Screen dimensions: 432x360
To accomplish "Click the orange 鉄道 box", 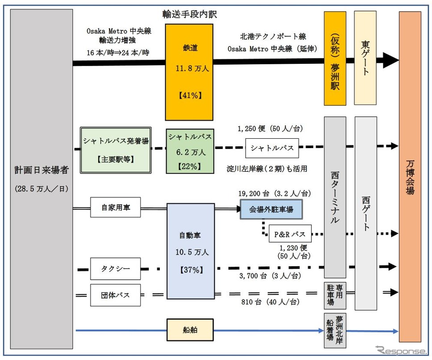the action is click(x=189, y=72).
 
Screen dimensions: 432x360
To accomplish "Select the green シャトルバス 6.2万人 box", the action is click(x=190, y=151).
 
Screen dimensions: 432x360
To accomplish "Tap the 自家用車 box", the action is click(x=116, y=207).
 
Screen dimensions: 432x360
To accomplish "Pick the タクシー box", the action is click(x=116, y=269).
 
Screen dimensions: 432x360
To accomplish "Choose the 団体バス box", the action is click(x=116, y=295).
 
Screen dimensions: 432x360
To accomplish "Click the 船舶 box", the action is click(x=190, y=330).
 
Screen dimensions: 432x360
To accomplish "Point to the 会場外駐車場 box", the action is click(x=271, y=209).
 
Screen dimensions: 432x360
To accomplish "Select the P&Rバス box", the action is click(x=290, y=234).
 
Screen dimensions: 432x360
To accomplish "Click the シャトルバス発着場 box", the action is click(x=116, y=150).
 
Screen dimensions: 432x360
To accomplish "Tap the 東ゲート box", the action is click(x=366, y=58).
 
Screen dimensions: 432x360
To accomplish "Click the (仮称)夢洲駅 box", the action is click(x=335, y=58).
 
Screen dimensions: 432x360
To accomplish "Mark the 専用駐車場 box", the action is click(x=335, y=296).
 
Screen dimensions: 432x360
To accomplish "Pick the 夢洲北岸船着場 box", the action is click(x=335, y=331).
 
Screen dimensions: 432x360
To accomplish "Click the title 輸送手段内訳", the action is click(x=190, y=14).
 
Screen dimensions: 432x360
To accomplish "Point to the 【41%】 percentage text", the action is click(x=190, y=95).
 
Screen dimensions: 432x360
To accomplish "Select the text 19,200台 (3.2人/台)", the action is click(x=274, y=193).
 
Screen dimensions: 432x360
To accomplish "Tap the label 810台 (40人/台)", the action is click(x=270, y=302).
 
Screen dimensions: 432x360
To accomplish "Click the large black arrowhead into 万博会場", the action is click(x=391, y=60).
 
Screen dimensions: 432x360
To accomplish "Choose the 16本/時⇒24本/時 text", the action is click(x=118, y=52).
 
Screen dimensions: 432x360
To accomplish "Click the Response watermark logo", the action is click(x=401, y=350).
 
